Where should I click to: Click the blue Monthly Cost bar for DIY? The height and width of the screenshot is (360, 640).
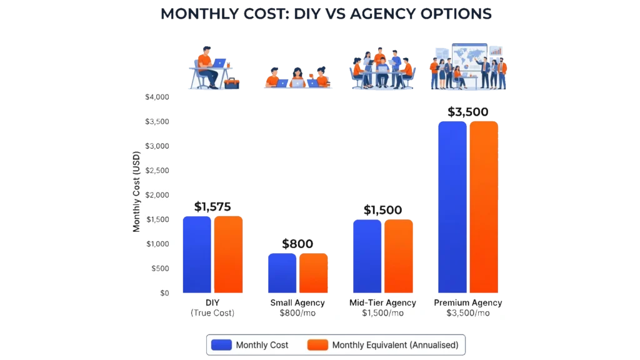196,254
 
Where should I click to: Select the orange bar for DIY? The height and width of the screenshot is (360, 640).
228,254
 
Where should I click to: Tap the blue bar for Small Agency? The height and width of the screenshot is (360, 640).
282,273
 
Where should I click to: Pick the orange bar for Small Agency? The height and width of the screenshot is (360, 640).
313,273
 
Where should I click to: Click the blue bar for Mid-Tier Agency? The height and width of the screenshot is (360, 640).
367,256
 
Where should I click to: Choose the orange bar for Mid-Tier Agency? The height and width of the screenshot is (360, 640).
399,256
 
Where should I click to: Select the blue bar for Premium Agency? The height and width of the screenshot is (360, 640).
452,207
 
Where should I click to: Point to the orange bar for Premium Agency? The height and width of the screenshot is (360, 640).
484,207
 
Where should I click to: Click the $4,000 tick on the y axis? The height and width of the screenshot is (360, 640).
157,97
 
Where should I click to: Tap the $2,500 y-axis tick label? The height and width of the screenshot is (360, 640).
157,171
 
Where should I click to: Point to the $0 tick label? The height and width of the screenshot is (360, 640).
164,293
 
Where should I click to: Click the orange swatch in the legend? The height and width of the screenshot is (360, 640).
317,345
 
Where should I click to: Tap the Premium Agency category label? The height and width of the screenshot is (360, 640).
468,302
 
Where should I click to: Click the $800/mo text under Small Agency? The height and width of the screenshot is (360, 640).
297,312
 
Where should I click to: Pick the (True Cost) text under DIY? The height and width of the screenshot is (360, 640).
212,312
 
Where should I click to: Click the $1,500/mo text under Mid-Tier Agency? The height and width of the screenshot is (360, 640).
382,312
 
